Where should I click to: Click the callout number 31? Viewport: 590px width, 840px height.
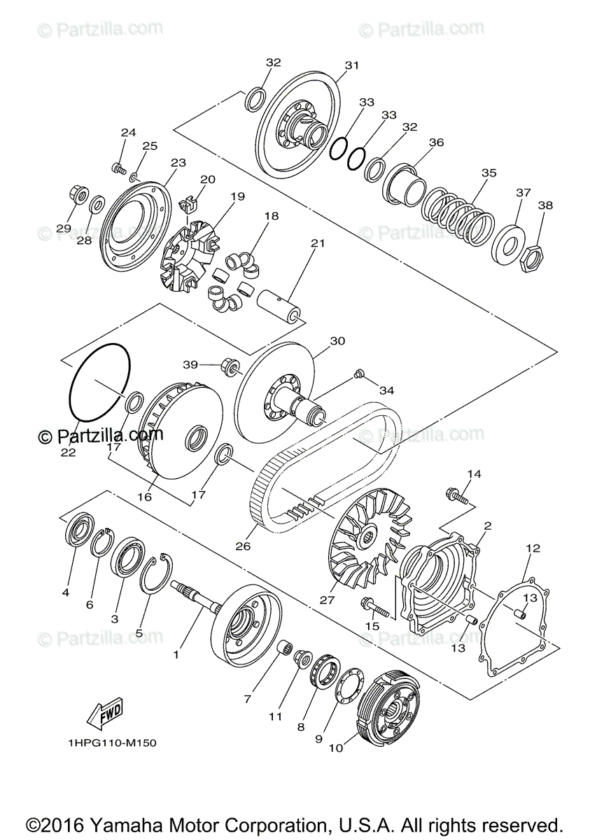coord(351,65)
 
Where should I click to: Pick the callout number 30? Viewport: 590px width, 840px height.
coord(337,342)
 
